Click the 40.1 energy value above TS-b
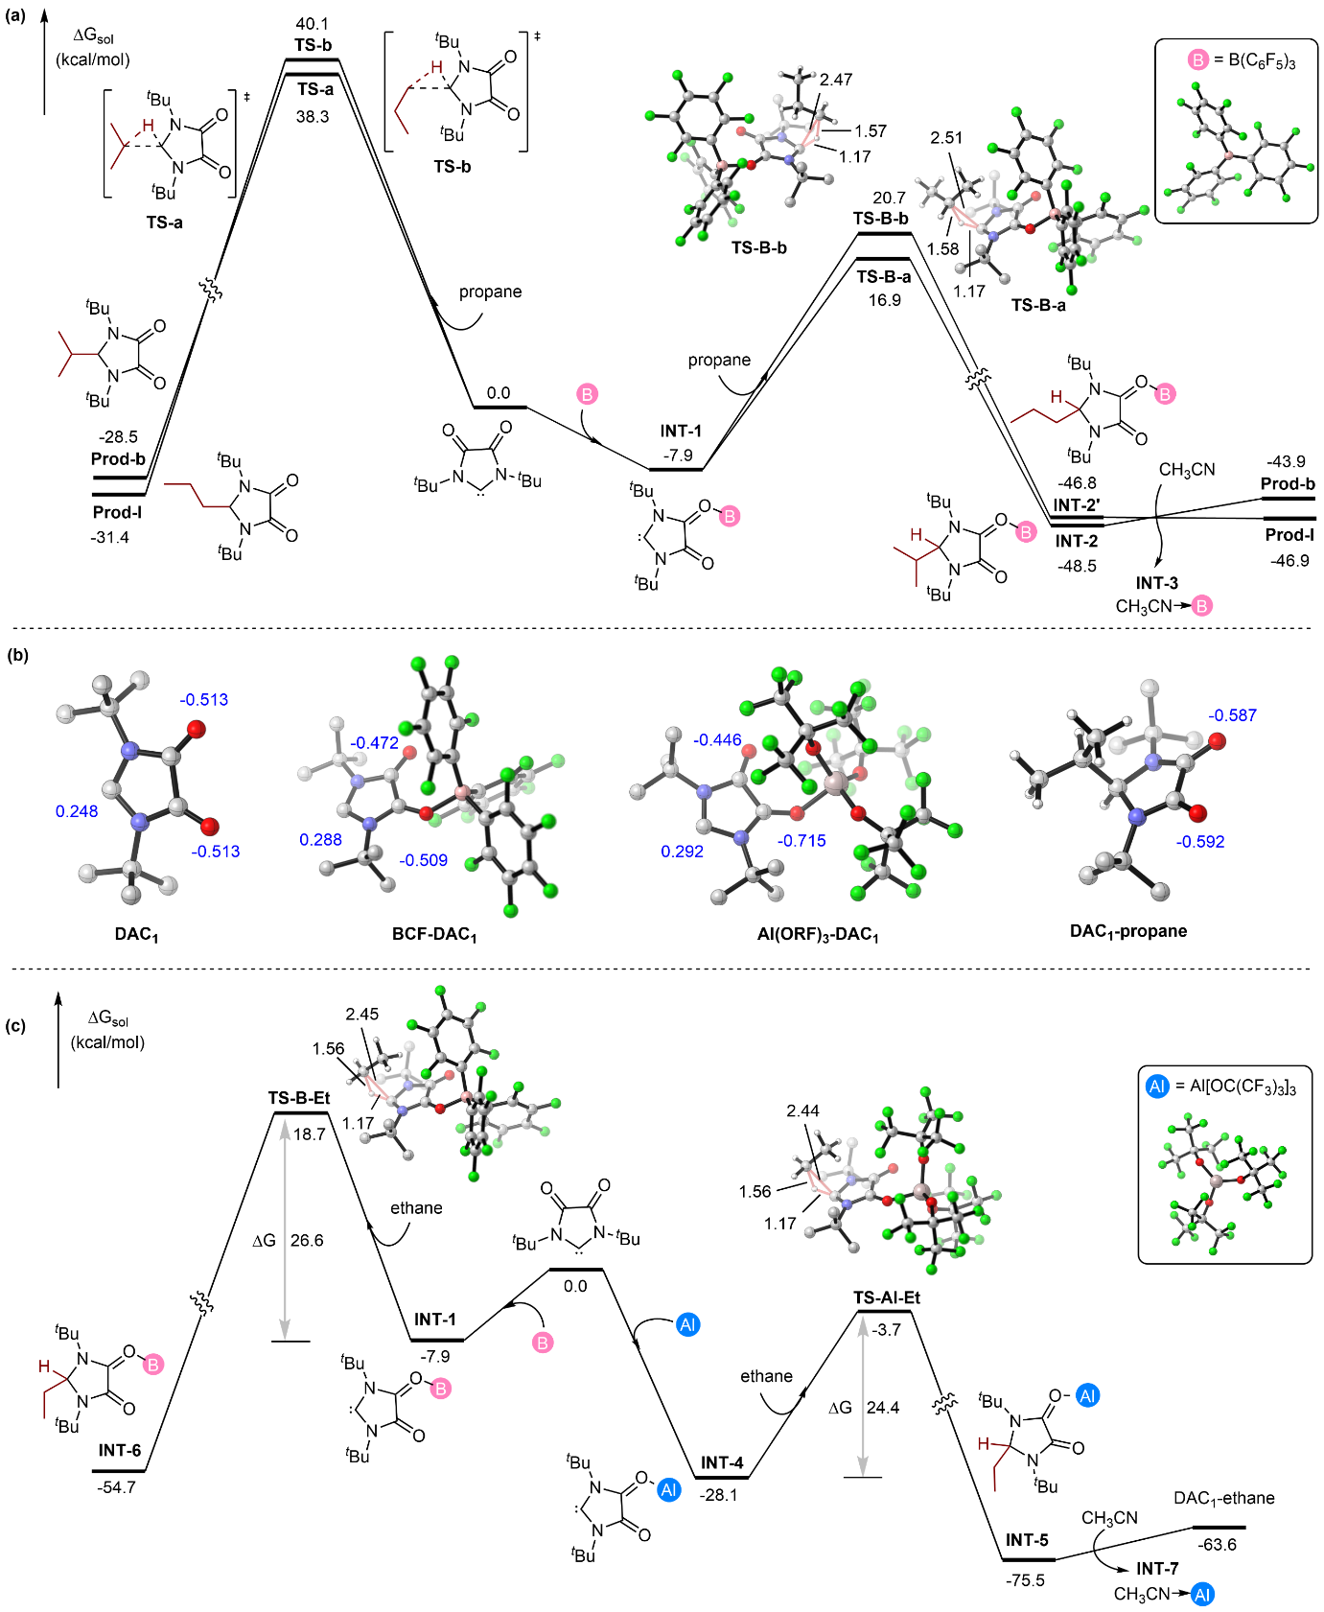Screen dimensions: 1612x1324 coord(313,24)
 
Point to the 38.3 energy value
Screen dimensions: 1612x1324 coord(313,117)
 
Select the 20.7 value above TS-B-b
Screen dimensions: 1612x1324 coord(889,198)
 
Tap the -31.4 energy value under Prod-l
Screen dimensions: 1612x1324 coord(110,537)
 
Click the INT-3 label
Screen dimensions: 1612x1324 coord(1157,583)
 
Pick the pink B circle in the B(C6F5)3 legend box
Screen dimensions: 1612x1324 coord(1198,60)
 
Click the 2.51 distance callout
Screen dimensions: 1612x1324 coord(946,138)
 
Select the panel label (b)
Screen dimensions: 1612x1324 coord(17,655)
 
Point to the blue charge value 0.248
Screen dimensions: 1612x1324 coord(77,811)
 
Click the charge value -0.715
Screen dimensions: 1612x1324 coord(802,841)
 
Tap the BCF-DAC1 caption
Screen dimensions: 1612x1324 coord(434,934)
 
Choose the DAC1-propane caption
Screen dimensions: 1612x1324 coord(1128,930)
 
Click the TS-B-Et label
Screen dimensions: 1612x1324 coord(299,1098)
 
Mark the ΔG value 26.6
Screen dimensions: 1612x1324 coord(307,1240)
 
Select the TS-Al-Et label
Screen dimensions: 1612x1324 coord(887,1297)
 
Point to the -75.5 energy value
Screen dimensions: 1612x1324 coord(1025,1580)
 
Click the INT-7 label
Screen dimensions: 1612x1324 coord(1157,1568)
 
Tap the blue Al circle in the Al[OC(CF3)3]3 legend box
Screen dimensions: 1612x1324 coord(1157,1086)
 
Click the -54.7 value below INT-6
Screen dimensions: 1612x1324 coord(117,1487)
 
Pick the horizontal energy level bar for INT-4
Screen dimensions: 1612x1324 coord(721,1478)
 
